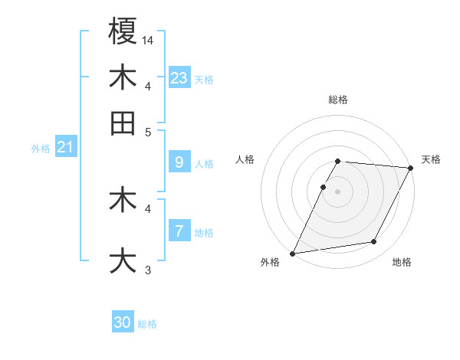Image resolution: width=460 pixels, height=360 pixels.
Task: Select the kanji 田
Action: click(123, 123)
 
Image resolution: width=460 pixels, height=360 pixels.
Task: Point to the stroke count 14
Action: click(149, 39)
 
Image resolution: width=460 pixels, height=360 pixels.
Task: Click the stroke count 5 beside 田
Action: click(148, 131)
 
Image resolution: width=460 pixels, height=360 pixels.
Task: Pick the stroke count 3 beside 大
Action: click(148, 269)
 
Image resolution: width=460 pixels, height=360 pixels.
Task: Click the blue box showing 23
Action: click(179, 78)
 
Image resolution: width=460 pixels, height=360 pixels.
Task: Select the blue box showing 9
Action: click(179, 162)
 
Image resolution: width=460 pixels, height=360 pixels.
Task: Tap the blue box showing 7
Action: click(179, 231)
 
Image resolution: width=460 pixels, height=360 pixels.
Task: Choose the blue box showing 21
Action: click(64, 148)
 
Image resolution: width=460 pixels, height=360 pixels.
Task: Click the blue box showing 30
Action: click(123, 323)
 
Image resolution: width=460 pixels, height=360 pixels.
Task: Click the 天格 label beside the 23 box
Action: click(204, 80)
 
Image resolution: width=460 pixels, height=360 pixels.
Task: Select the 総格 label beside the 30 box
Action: click(147, 324)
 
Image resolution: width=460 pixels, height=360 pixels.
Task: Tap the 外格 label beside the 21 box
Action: click(40, 149)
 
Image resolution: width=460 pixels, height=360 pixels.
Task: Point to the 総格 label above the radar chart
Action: click(338, 100)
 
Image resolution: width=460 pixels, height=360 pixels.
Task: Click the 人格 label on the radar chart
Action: click(245, 159)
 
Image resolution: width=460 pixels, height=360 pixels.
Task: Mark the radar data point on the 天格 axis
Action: click(412, 168)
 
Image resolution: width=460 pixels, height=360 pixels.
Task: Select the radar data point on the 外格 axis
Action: click(293, 253)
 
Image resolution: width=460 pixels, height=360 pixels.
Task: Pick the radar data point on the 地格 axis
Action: click(374, 242)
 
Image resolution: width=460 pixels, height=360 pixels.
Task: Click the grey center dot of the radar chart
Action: click(337, 191)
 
